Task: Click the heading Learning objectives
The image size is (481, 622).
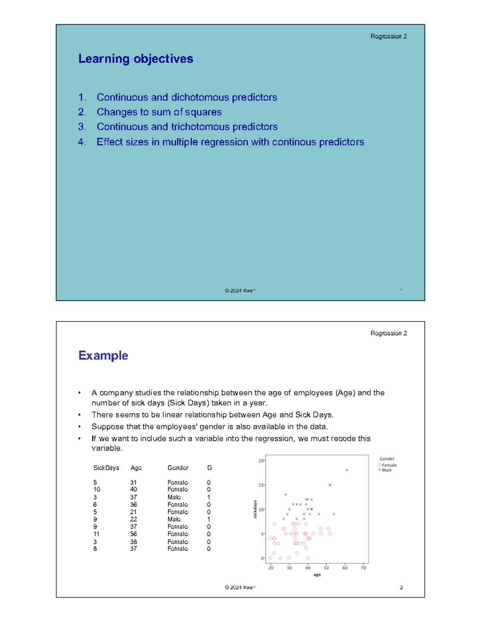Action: coord(135,59)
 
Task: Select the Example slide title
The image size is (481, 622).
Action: coord(103,356)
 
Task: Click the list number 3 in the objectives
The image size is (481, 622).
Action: coord(82,127)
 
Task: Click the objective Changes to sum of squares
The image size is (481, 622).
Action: coord(159,112)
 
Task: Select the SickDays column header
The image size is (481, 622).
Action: coord(106,468)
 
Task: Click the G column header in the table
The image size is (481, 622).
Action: coord(209,468)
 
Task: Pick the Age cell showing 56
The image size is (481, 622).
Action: coord(133,534)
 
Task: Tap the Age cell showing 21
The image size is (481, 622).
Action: coord(133,512)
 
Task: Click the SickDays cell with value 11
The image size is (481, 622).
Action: coord(96,534)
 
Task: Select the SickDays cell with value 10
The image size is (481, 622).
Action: coord(97,489)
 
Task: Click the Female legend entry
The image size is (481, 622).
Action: coord(388,465)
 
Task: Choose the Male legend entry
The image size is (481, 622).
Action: coord(386,470)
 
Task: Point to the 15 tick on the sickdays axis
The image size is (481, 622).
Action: coord(261,485)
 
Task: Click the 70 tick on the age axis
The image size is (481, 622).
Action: coord(363,568)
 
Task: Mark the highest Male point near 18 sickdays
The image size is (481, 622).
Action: coord(347,470)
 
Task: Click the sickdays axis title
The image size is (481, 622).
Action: coord(255,509)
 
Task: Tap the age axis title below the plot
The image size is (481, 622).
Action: coord(317,575)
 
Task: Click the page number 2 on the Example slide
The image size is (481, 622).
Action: coord(401,588)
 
